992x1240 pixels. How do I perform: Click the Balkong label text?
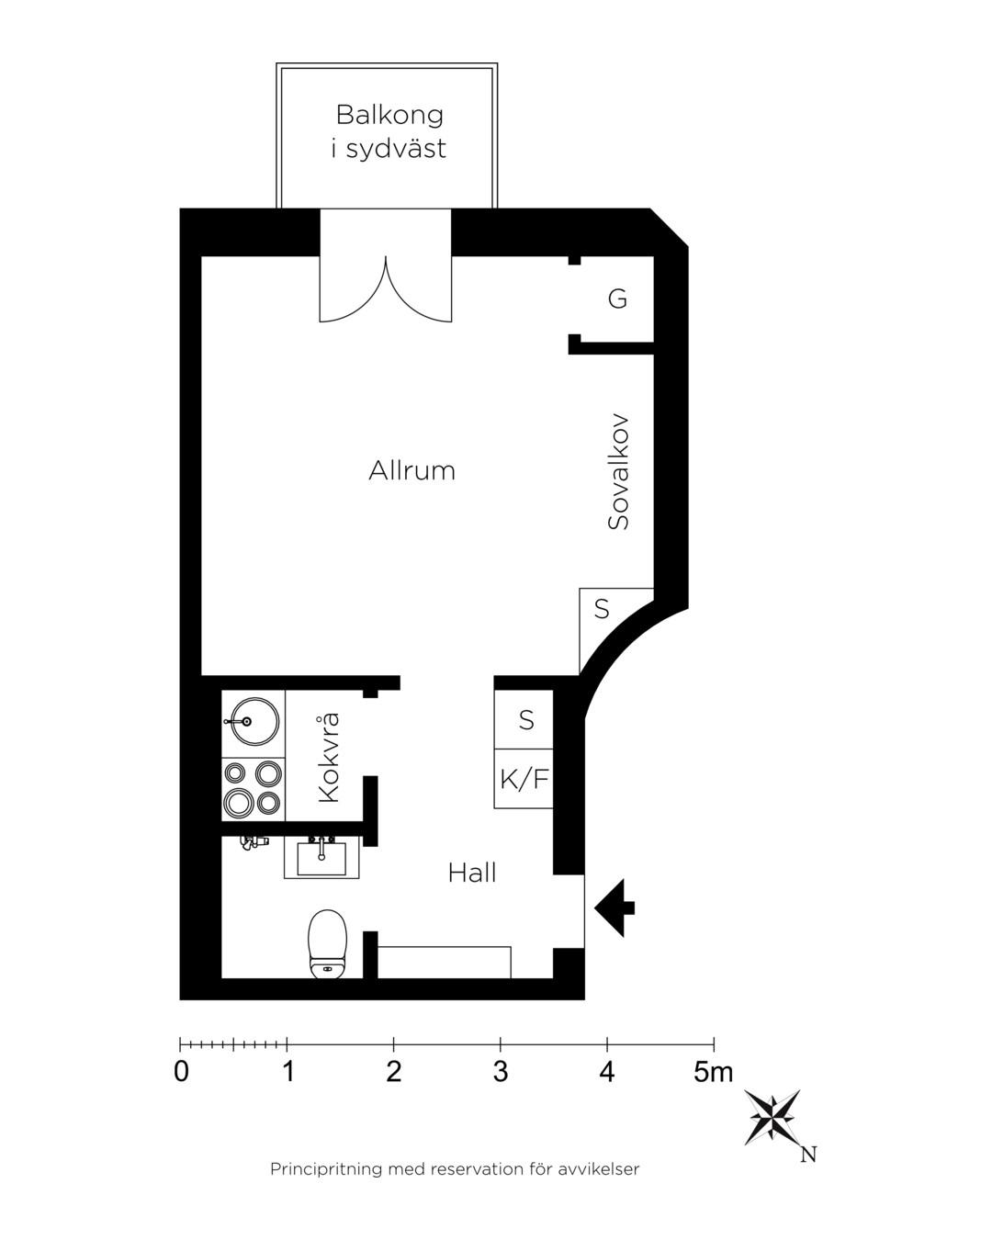389,115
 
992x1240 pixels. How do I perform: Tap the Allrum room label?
411,471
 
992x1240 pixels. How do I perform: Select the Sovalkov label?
618,471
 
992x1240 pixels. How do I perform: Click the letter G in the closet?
617,299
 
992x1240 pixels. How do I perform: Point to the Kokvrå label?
329,757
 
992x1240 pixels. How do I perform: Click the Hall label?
471,873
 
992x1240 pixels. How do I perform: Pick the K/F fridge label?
524,780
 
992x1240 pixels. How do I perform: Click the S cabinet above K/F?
525,720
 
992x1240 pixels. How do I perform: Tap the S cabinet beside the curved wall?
602,609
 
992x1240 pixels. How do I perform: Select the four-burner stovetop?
253,788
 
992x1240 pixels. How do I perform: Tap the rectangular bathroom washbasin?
321,858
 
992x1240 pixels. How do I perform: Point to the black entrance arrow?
614,908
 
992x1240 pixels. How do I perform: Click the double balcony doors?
386,289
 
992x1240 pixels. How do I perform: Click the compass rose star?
772,1117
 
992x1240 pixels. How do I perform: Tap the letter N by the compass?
808,1155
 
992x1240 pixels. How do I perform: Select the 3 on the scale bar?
501,1072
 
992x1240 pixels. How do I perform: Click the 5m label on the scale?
714,1072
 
